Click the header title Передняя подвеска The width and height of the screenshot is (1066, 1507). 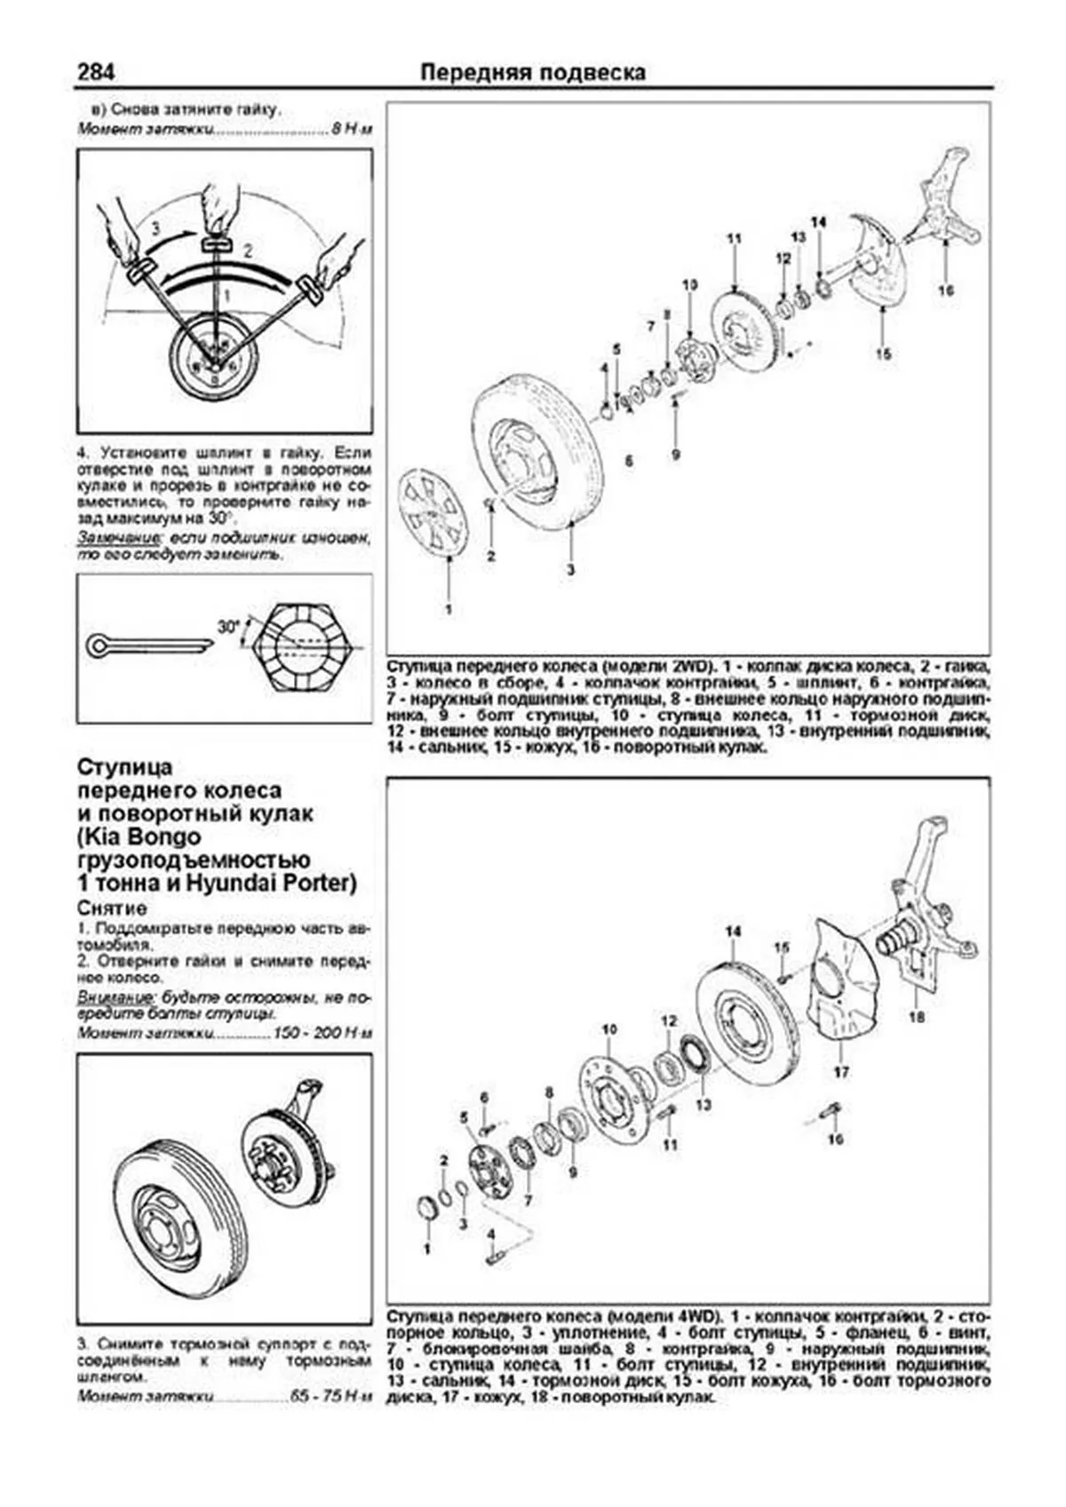(532, 72)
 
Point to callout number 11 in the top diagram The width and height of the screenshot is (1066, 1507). (733, 238)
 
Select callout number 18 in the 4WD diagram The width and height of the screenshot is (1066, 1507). (916, 1017)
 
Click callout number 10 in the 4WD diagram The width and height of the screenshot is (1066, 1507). (609, 1029)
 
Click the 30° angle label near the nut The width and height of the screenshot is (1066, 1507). (228, 626)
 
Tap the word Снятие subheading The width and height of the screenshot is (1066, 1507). (112, 908)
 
